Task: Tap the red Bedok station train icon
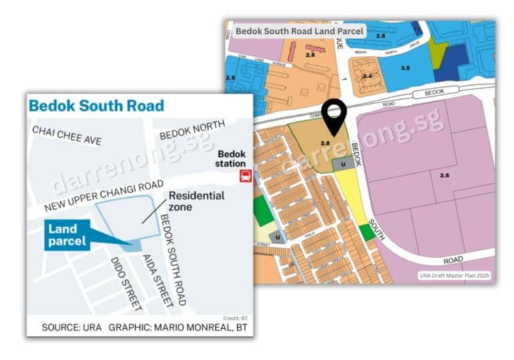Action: [246, 177]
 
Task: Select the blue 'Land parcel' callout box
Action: [68, 236]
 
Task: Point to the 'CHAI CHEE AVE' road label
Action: [67, 135]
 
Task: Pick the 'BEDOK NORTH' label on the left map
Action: [192, 139]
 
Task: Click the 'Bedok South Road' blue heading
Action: [96, 106]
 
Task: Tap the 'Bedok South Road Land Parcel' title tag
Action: [298, 31]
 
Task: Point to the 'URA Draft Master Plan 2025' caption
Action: [455, 275]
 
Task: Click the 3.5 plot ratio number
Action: [405, 68]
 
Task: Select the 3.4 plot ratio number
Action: [367, 76]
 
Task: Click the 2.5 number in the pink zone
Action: [444, 175]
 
